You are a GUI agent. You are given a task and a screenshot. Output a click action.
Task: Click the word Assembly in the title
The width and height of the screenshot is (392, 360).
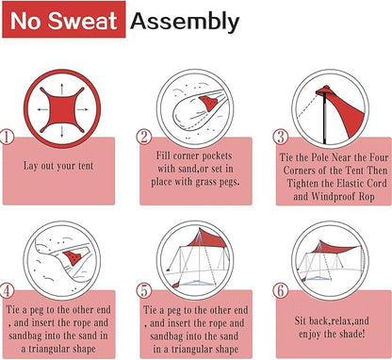(x=185, y=22)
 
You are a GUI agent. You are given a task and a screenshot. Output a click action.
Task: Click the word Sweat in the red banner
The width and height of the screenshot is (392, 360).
(x=83, y=21)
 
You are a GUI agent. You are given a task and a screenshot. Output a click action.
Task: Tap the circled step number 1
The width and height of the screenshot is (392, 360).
(x=7, y=137)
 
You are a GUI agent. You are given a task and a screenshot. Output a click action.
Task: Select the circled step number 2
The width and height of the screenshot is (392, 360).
(x=144, y=137)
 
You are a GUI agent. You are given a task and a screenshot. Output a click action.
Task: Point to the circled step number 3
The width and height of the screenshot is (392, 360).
(x=280, y=137)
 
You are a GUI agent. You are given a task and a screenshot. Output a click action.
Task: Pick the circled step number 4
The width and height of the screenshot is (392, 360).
(x=7, y=291)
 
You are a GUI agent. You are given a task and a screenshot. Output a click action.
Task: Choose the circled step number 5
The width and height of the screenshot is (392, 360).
(x=144, y=291)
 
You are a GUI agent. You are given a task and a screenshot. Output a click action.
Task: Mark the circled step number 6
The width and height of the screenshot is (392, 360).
(x=280, y=291)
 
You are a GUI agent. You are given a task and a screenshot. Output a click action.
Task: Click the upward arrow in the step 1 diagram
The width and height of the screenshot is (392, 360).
(x=62, y=89)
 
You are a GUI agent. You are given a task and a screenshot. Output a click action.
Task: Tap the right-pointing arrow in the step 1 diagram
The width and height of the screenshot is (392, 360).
(x=82, y=109)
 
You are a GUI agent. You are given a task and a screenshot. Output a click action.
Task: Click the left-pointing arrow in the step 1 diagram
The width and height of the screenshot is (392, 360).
(x=42, y=109)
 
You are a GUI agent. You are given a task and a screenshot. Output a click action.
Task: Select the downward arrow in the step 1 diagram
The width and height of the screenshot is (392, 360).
(x=62, y=130)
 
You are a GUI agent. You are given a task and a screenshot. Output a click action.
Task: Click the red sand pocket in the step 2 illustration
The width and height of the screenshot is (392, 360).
(x=207, y=103)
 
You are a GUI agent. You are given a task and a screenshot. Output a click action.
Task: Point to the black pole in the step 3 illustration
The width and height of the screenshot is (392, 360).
(x=324, y=119)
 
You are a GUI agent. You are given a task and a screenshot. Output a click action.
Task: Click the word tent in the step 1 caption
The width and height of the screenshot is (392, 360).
(x=86, y=166)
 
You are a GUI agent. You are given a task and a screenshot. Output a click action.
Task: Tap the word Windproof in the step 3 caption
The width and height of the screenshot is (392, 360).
(x=333, y=197)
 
